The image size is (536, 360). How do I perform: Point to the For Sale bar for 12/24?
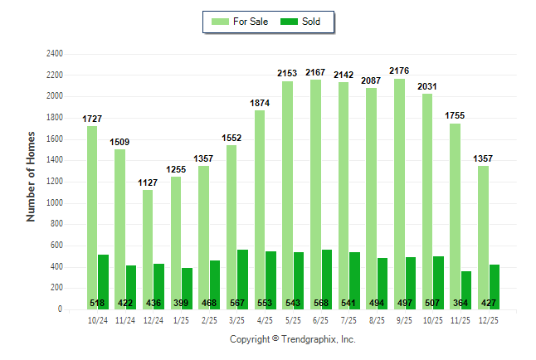148,249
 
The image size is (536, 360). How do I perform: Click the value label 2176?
399,71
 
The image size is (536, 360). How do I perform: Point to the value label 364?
466,303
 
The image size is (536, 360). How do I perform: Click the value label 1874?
260,103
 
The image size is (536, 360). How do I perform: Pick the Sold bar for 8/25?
383,278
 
